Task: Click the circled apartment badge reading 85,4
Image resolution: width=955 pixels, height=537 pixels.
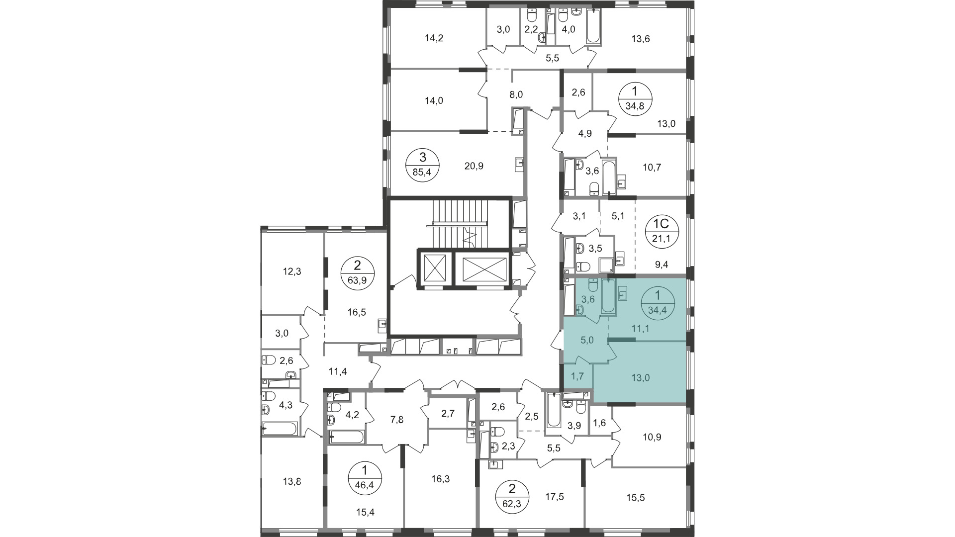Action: point(423,166)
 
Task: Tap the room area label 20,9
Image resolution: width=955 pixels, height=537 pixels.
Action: point(474,167)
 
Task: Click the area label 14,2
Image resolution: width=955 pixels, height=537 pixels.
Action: point(434,37)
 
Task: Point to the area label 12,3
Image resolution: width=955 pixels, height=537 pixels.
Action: point(292,271)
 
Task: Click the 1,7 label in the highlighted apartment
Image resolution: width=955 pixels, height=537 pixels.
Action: point(577,377)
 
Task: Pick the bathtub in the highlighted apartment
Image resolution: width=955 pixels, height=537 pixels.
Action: point(608,296)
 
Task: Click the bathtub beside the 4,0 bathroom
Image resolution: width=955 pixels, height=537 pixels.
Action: point(593,25)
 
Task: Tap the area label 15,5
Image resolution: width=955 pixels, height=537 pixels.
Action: point(635,497)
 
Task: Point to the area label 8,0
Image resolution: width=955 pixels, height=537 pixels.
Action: point(516,94)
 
